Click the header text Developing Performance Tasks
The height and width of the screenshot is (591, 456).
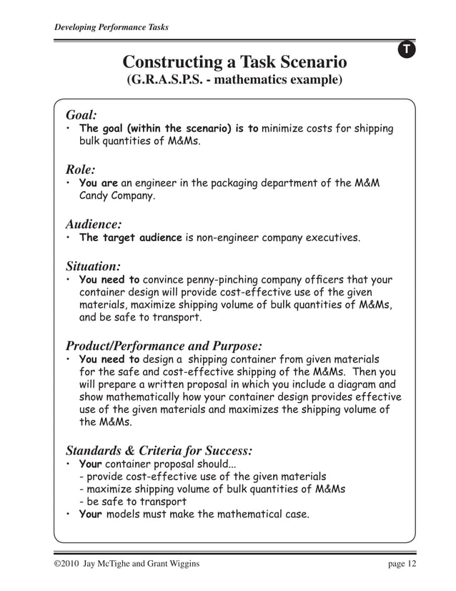[x=111, y=28]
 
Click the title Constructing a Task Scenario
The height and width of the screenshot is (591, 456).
[x=234, y=62]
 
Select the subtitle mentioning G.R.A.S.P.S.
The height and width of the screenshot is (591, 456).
[x=234, y=80]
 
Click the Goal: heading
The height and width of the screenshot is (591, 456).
[x=81, y=114]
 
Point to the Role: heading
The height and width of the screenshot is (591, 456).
[x=80, y=170]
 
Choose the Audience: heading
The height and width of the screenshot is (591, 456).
[x=93, y=224]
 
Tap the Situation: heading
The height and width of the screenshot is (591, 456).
[x=93, y=266]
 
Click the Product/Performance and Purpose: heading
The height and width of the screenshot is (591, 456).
[x=164, y=346]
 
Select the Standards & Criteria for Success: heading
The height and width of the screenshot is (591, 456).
[x=159, y=451]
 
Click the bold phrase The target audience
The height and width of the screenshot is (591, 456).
[x=131, y=238]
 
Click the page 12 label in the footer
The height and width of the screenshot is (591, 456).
[x=400, y=565]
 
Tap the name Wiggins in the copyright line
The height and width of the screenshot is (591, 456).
[x=174, y=565]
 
